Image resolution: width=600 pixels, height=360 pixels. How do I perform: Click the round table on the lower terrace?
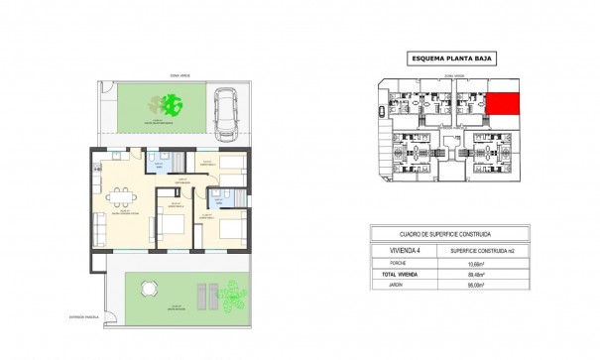[149, 289]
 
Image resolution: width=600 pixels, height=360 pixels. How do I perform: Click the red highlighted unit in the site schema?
[505, 103]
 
